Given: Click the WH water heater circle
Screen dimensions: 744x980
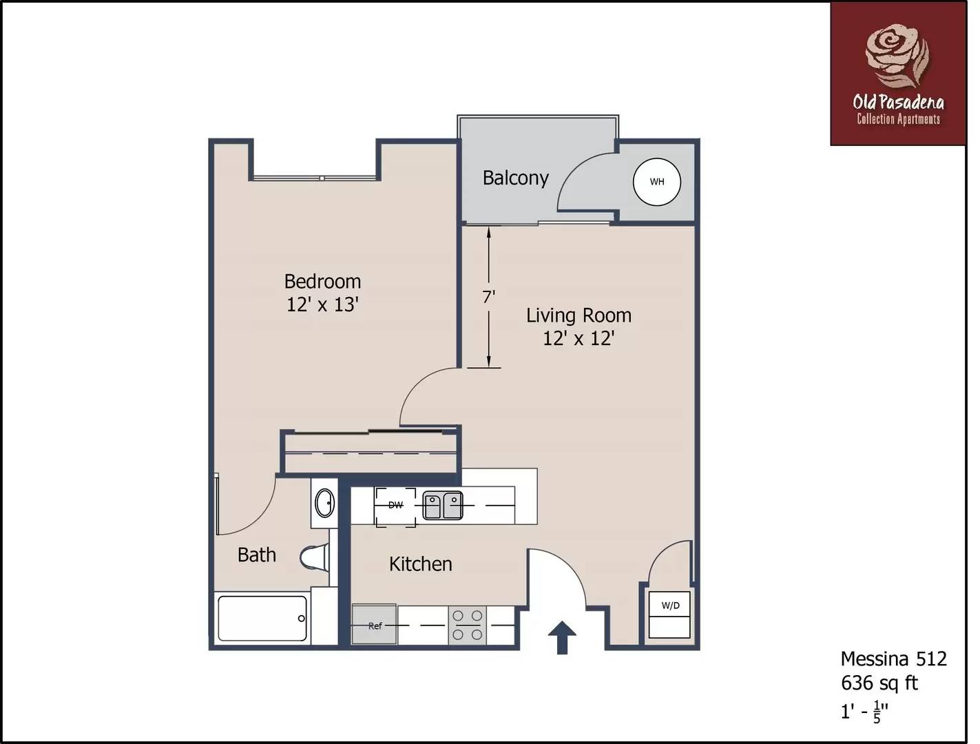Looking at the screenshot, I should (x=656, y=182).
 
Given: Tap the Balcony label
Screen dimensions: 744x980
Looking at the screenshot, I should (x=515, y=178).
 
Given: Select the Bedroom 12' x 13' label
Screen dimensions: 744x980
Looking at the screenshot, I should (x=322, y=293).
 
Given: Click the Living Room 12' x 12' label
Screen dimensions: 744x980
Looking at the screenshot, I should (x=578, y=327).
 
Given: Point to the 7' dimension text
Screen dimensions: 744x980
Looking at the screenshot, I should (x=488, y=297).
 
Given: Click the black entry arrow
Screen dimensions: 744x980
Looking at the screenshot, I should (x=562, y=637).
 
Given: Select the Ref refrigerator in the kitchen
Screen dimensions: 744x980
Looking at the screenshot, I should (x=374, y=625).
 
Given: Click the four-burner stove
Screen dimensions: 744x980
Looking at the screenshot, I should (x=467, y=625).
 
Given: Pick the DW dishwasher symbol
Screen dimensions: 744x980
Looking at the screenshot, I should (x=395, y=506).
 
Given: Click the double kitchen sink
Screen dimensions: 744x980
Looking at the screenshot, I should (x=442, y=506).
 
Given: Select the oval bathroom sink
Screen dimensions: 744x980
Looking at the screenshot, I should (x=324, y=503).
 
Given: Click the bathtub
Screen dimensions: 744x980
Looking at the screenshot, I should (x=262, y=618).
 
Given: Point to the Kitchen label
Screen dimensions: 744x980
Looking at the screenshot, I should (x=420, y=564).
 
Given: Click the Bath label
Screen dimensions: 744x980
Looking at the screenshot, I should (x=256, y=555).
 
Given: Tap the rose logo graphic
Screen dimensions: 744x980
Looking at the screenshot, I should (x=897, y=55).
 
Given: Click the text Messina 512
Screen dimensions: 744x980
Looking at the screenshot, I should (x=893, y=659).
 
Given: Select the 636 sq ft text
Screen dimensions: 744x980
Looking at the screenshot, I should (x=879, y=683).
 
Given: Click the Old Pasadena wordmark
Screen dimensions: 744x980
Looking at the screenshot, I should (x=898, y=103).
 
